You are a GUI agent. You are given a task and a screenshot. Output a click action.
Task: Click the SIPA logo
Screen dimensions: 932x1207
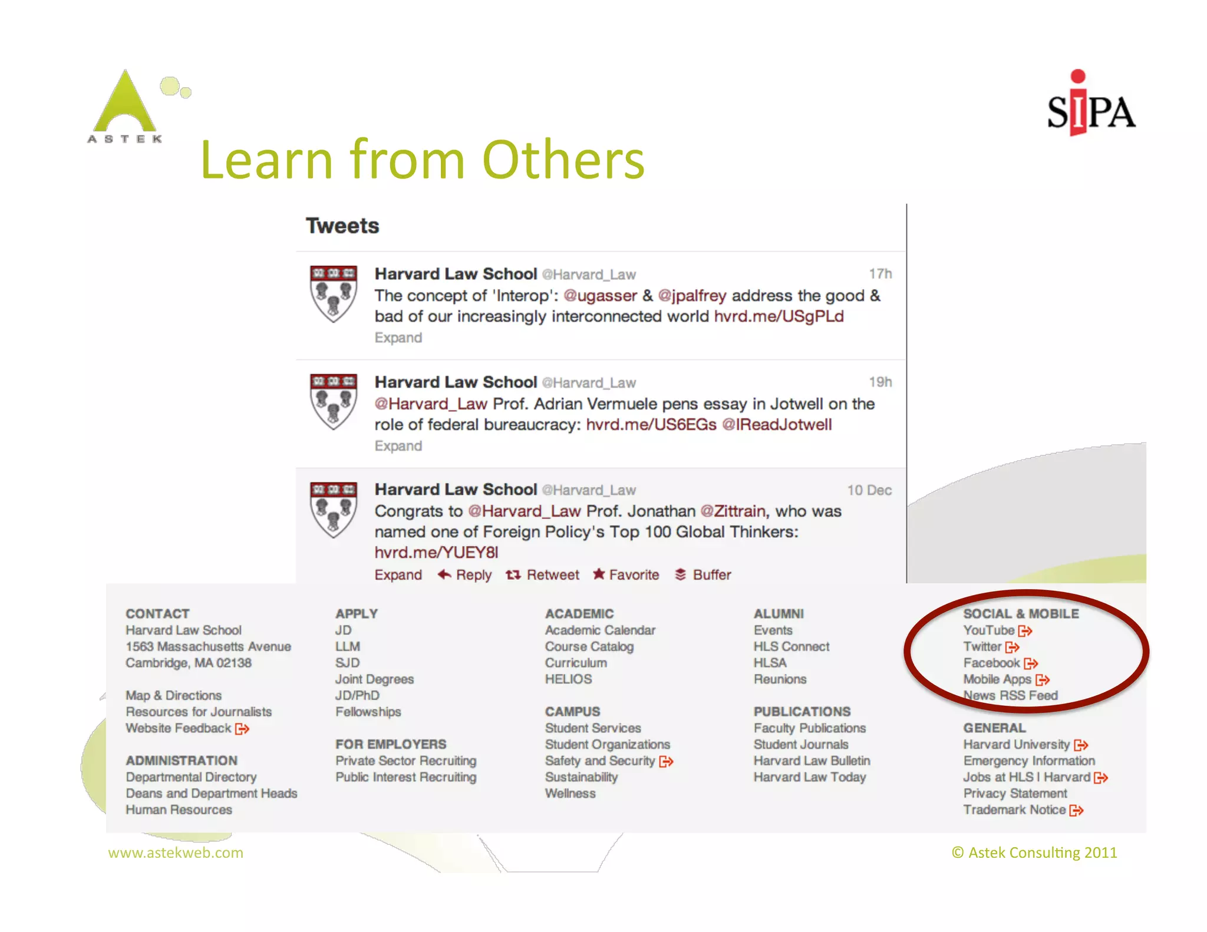tap(1090, 106)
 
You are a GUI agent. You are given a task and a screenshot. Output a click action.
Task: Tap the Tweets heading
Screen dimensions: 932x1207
tap(342, 226)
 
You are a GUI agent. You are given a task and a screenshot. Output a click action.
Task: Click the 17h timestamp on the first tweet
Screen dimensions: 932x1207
tap(880, 274)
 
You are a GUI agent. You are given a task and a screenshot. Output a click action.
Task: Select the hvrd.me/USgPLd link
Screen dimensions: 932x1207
tap(779, 316)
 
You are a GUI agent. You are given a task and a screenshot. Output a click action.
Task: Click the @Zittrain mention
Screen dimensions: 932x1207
tap(733, 511)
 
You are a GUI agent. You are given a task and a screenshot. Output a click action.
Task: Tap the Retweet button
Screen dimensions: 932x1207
tap(543, 574)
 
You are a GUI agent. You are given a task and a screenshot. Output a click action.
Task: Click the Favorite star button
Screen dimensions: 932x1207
tap(626, 574)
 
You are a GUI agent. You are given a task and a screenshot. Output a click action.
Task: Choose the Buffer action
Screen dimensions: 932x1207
tap(703, 574)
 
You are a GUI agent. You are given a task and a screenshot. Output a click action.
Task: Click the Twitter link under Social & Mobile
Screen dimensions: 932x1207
tap(982, 647)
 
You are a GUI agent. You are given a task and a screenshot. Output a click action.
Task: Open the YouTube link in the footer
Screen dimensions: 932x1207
tap(989, 630)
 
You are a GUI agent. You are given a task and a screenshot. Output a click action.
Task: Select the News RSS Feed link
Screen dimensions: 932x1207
tap(1010, 696)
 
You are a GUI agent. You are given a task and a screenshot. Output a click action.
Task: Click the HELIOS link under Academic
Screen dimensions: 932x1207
tap(568, 679)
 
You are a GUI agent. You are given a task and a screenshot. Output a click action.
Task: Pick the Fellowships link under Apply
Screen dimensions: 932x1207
tap(368, 712)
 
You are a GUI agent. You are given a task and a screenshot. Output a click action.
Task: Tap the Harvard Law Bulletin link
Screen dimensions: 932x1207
tap(812, 761)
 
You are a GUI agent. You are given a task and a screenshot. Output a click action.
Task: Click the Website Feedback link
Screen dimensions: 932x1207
tap(179, 728)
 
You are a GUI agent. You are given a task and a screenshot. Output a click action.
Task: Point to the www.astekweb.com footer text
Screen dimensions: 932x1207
tap(176, 852)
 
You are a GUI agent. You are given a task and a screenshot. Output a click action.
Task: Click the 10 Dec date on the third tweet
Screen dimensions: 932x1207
tap(869, 490)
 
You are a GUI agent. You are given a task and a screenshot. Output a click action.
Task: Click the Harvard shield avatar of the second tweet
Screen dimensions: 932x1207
tap(334, 402)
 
